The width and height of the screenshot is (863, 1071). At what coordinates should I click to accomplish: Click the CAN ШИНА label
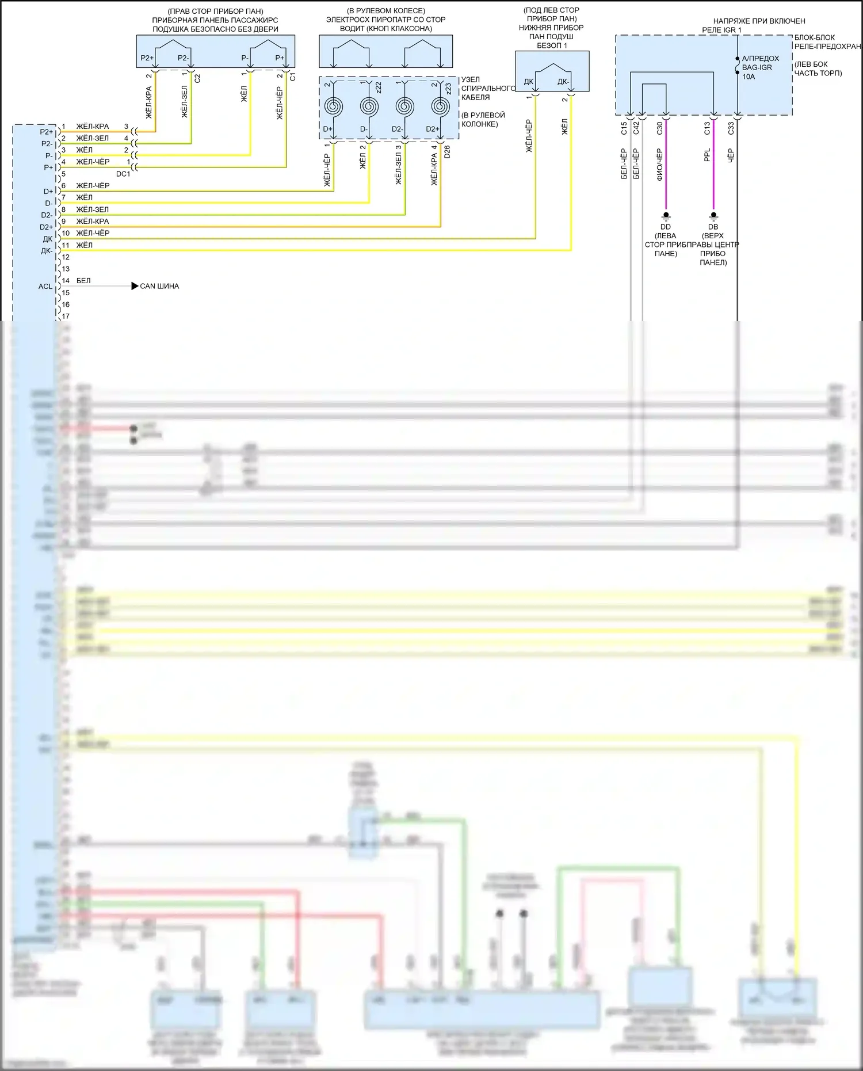[159, 286]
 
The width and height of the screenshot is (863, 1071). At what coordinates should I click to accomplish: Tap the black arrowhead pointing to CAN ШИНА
[135, 286]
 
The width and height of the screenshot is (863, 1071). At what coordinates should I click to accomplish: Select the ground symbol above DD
[666, 216]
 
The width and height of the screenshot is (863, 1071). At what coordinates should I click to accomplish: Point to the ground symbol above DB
[713, 216]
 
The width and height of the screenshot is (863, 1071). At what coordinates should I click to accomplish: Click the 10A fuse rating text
[749, 77]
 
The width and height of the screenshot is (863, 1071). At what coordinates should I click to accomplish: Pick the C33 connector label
[731, 128]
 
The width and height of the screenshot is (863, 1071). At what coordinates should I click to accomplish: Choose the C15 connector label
[624, 128]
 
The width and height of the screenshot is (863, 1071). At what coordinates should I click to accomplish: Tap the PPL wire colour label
[707, 155]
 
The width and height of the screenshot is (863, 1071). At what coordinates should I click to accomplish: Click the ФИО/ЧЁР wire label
[659, 165]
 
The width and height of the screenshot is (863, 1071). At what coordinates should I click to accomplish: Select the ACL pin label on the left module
[45, 287]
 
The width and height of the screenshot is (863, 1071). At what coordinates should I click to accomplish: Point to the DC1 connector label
[123, 174]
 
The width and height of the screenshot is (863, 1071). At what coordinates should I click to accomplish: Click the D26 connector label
[447, 151]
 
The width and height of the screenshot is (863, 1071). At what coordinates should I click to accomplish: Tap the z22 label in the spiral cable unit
[378, 87]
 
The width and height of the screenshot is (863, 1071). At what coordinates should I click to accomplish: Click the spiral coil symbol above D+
[334, 106]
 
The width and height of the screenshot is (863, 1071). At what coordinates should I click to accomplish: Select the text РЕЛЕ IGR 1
[721, 30]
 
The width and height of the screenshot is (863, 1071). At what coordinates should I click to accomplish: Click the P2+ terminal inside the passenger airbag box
[147, 58]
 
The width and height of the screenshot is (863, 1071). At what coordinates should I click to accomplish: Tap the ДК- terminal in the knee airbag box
[563, 82]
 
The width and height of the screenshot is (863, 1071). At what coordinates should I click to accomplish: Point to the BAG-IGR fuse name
[757, 67]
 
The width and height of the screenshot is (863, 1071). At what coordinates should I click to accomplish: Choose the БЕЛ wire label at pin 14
[83, 281]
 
